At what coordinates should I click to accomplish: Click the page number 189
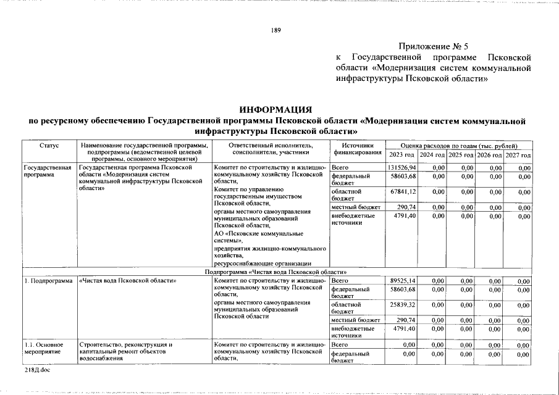(x=275, y=32)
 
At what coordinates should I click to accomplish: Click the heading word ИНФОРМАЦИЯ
(x=275, y=109)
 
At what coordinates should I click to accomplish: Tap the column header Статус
(x=49, y=145)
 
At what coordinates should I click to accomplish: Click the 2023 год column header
(x=401, y=154)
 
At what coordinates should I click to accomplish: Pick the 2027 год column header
(x=518, y=154)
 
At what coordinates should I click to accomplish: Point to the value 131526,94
(x=401, y=167)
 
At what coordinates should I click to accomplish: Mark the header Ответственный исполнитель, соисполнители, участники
(x=270, y=149)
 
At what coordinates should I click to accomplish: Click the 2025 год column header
(x=461, y=154)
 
